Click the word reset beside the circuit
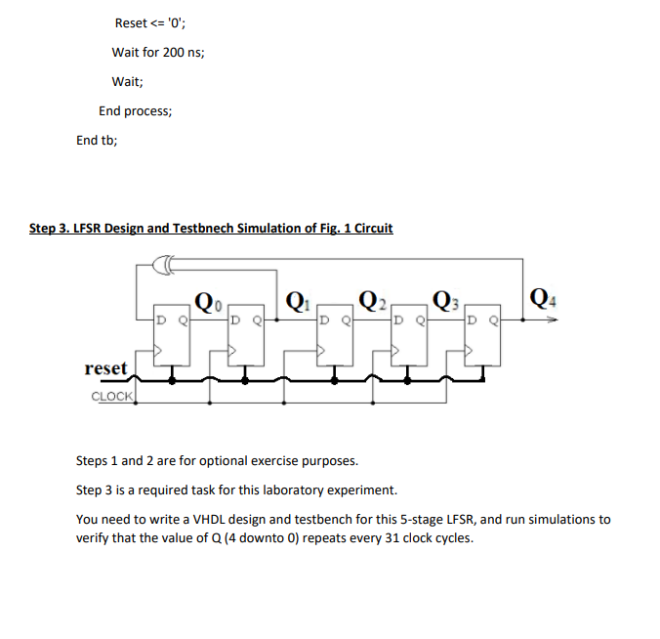coord(106,368)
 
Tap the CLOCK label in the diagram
coord(112,396)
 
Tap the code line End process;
coord(135,110)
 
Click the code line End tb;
coord(97,140)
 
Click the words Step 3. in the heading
coord(51,228)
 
